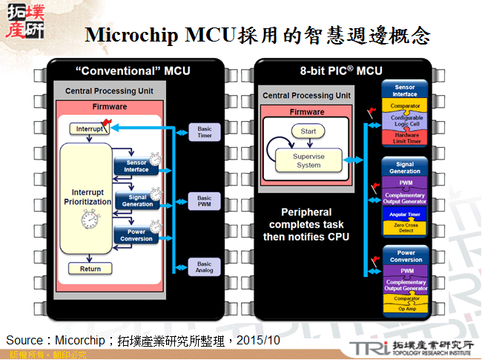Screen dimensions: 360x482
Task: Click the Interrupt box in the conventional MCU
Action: [88, 129]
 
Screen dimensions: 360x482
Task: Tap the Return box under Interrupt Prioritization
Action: [90, 269]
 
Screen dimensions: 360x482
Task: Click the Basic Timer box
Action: [204, 133]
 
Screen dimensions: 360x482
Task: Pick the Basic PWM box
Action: [204, 202]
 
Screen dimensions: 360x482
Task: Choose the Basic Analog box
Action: [204, 267]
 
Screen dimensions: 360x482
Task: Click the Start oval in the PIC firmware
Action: [308, 131]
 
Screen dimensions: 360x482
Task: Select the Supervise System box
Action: [308, 160]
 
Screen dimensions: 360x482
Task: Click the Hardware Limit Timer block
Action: [405, 138]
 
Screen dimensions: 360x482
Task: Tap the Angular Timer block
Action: [405, 215]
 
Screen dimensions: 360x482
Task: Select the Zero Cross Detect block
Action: [405, 228]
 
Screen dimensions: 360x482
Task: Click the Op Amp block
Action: [405, 307]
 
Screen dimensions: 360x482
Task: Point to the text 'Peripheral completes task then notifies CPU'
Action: [306, 224]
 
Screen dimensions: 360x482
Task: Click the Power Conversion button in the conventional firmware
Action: [136, 235]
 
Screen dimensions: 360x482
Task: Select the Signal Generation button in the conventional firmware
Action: [136, 200]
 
